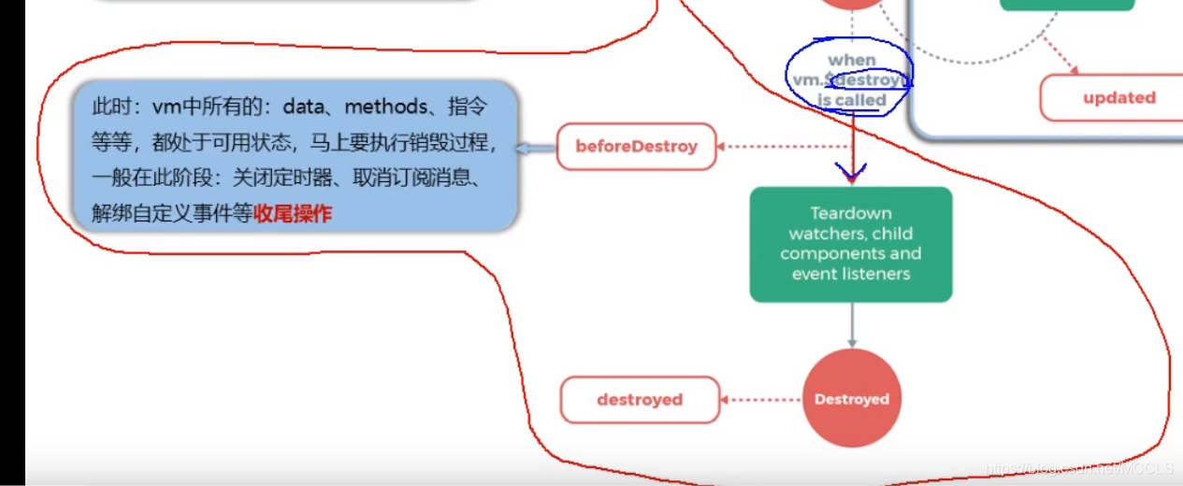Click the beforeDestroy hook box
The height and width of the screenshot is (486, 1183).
pyautogui.click(x=636, y=147)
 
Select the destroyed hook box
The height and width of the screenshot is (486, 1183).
pyautogui.click(x=640, y=400)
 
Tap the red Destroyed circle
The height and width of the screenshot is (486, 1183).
pyautogui.click(x=851, y=399)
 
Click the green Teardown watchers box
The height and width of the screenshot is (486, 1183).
pyautogui.click(x=851, y=244)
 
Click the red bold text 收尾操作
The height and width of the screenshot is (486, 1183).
pyautogui.click(x=292, y=214)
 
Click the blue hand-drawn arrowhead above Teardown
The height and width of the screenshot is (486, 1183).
pyautogui.click(x=852, y=173)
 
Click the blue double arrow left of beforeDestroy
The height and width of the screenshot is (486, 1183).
pyautogui.click(x=536, y=148)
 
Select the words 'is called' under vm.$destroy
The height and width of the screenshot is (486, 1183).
pyautogui.click(x=851, y=100)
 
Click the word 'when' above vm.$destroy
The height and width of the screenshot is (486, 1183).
pyautogui.click(x=852, y=61)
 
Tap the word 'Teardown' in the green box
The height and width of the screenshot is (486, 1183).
pyautogui.click(x=851, y=214)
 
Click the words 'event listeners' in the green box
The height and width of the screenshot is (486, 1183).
pyautogui.click(x=851, y=274)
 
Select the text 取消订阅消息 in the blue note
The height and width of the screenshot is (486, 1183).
pyautogui.click(x=415, y=179)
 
